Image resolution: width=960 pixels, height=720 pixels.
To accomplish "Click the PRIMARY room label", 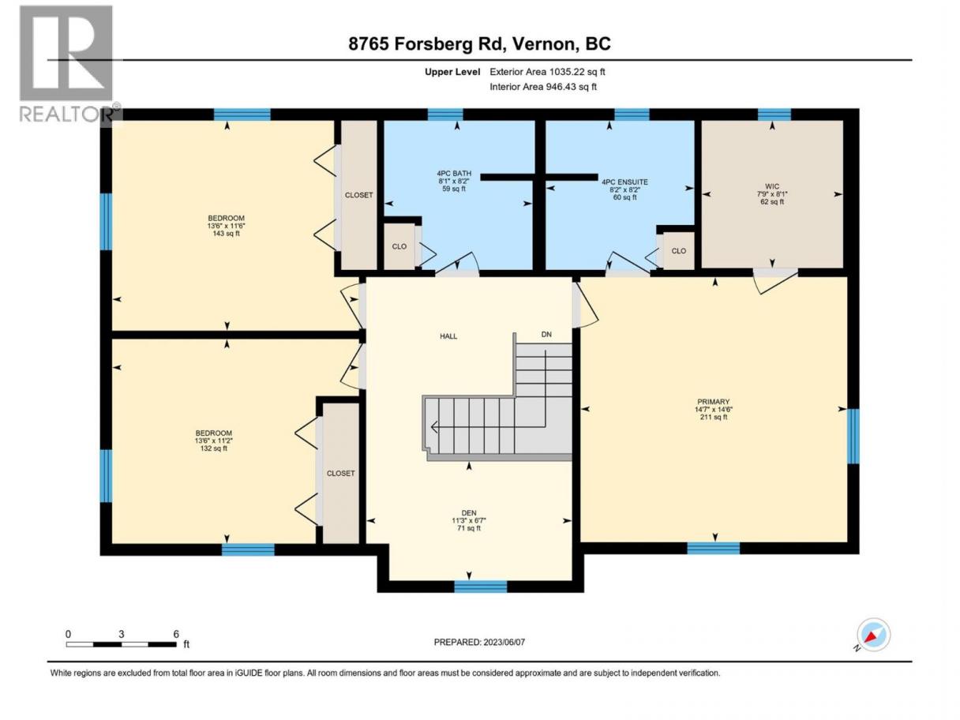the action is (714, 402).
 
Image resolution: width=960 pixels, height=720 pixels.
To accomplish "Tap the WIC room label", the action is (772, 186).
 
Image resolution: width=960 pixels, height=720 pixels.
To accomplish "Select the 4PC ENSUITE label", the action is (624, 182).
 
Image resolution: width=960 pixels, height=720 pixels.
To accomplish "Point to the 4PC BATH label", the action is (453, 174).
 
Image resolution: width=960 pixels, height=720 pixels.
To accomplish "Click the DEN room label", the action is (469, 513).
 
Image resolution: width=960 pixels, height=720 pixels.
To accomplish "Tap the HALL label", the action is (448, 336).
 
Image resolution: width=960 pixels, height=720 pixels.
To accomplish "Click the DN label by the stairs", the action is (546, 335).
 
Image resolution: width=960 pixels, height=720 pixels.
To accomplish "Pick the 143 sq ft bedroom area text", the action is (226, 234).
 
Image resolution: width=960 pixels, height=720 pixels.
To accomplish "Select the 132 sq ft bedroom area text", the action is (214, 448).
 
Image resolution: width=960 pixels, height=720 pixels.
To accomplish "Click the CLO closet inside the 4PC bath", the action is (399, 246).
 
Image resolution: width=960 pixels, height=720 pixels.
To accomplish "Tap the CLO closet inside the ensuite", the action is (678, 251).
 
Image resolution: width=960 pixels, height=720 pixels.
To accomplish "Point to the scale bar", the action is (121, 644).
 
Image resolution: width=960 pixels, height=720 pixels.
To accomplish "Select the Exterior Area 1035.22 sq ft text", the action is (547, 72).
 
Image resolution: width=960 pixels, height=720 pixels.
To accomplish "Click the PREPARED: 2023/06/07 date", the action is (479, 642).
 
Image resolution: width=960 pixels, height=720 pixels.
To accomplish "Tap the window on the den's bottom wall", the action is (481, 587).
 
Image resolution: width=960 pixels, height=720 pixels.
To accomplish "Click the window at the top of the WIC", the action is (774, 114).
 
